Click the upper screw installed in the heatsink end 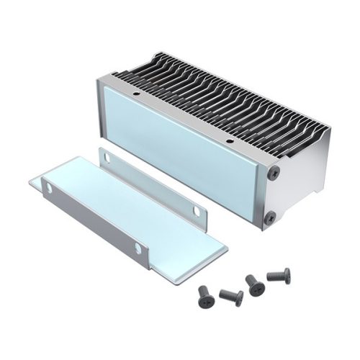point(274,173)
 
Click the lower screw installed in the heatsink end point(269,216)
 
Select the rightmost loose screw point(279,275)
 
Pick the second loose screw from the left point(230,296)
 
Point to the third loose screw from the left point(254,284)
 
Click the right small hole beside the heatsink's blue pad point(228,141)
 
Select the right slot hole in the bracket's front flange point(138,248)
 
